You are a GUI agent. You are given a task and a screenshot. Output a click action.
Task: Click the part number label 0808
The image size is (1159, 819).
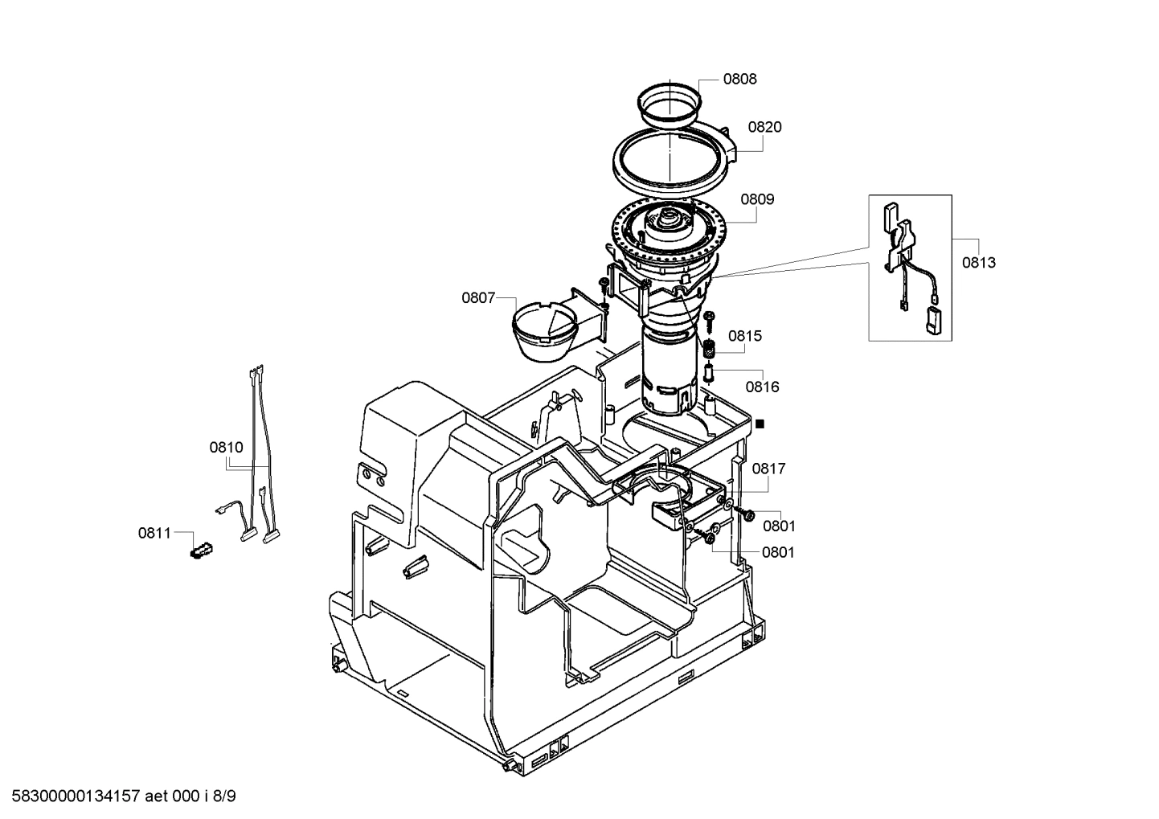(x=739, y=79)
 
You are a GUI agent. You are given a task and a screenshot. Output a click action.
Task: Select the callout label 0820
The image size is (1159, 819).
(x=764, y=127)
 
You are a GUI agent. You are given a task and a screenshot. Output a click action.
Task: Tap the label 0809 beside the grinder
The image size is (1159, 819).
(x=757, y=199)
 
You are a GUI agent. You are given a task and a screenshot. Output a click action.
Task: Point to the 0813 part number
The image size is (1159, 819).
(x=978, y=263)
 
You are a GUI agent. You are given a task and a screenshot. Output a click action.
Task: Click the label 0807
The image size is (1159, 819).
(x=477, y=298)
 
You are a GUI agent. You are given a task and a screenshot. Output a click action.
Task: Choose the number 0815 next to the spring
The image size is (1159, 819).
(x=745, y=336)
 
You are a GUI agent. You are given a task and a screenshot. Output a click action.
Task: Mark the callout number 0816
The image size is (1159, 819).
(x=762, y=387)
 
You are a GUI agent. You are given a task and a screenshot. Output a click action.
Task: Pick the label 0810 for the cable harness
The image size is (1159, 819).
(x=226, y=448)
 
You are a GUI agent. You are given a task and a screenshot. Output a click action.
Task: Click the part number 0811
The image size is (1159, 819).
(x=154, y=533)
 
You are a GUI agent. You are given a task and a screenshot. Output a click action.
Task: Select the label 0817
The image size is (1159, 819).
(x=769, y=469)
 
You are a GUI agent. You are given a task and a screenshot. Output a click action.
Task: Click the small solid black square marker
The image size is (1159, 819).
(x=760, y=424)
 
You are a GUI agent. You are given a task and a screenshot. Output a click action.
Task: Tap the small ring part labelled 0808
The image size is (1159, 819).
(x=670, y=103)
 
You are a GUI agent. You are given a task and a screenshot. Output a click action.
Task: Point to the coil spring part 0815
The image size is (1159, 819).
(x=709, y=350)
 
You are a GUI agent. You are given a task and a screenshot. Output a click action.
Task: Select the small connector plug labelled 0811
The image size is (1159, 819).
(x=199, y=551)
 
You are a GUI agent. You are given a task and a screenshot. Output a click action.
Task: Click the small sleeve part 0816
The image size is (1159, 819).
(x=709, y=373)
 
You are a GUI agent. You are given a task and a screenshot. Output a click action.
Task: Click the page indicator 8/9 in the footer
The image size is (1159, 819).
(x=226, y=796)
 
